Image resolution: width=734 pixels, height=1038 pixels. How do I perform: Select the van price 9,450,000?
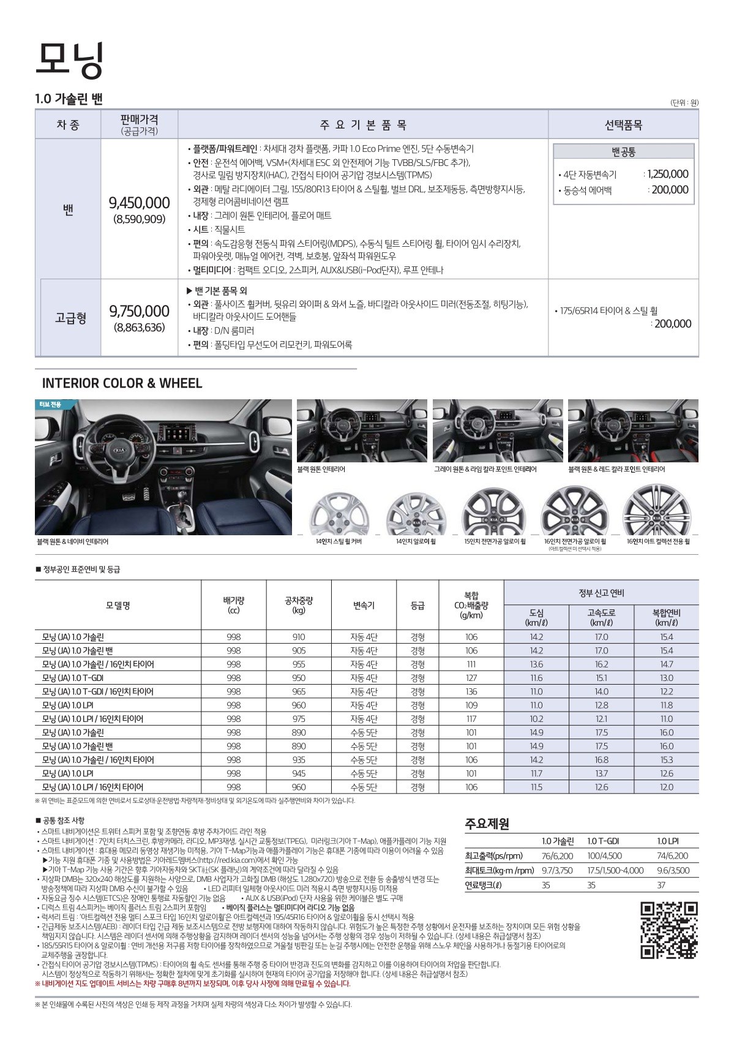click(139, 203)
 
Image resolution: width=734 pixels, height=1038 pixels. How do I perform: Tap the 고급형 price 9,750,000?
click(139, 311)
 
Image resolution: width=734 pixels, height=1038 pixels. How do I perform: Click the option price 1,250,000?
click(667, 174)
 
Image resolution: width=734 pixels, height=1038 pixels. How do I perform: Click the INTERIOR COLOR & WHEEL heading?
click(122, 383)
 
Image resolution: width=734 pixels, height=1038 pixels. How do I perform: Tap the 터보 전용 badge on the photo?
click(48, 404)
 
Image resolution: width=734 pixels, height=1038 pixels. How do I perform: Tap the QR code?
click(669, 930)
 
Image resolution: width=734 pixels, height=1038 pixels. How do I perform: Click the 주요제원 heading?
click(487, 824)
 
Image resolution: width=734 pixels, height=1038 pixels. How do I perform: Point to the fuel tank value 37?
click(661, 885)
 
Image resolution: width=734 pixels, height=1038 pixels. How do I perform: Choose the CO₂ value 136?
click(471, 691)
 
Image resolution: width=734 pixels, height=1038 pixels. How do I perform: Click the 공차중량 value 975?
click(299, 719)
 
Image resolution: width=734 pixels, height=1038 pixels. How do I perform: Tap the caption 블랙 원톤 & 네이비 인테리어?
click(73, 541)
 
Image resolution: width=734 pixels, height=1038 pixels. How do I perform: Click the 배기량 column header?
click(233, 605)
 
